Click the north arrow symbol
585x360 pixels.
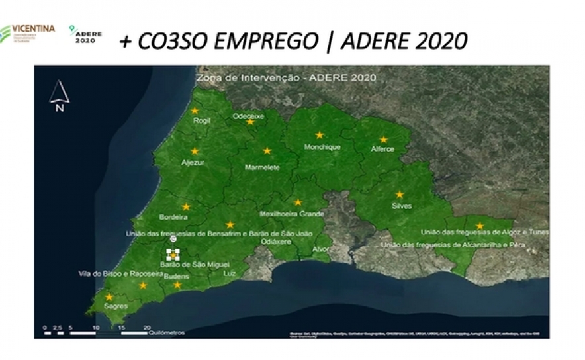tap(60, 95)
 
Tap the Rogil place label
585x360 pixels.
tap(201, 121)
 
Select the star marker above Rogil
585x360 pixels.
tap(195, 111)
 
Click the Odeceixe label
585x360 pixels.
tap(248, 116)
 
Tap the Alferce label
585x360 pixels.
tap(382, 149)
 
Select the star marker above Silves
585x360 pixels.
tap(400, 194)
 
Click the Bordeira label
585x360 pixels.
tap(173, 216)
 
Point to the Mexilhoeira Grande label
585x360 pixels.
tap(292, 214)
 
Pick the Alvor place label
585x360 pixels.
tap(320, 249)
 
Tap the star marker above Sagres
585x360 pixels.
tap(109, 297)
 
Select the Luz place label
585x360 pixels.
tap(230, 273)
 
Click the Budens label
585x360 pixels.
tap(177, 275)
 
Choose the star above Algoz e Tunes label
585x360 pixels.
tap(480, 226)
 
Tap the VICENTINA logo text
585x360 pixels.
tap(33, 29)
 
